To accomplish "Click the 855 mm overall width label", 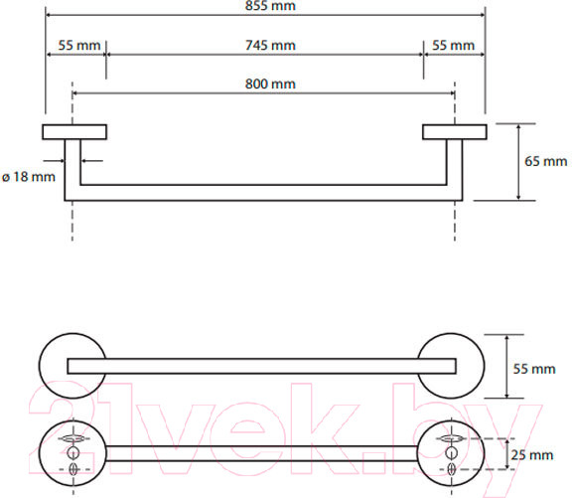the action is [x=270, y=6].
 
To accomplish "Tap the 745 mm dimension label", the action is [x=270, y=46].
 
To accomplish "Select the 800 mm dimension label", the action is [x=270, y=83].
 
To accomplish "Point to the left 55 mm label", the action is [x=79, y=46].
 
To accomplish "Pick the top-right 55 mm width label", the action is [x=454, y=46].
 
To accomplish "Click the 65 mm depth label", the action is [x=546, y=161].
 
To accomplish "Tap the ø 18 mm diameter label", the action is [x=29, y=177].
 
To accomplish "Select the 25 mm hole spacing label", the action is [x=532, y=455].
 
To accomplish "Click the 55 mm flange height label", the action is [x=534, y=369].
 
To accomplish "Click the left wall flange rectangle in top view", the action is [x=74, y=132].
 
